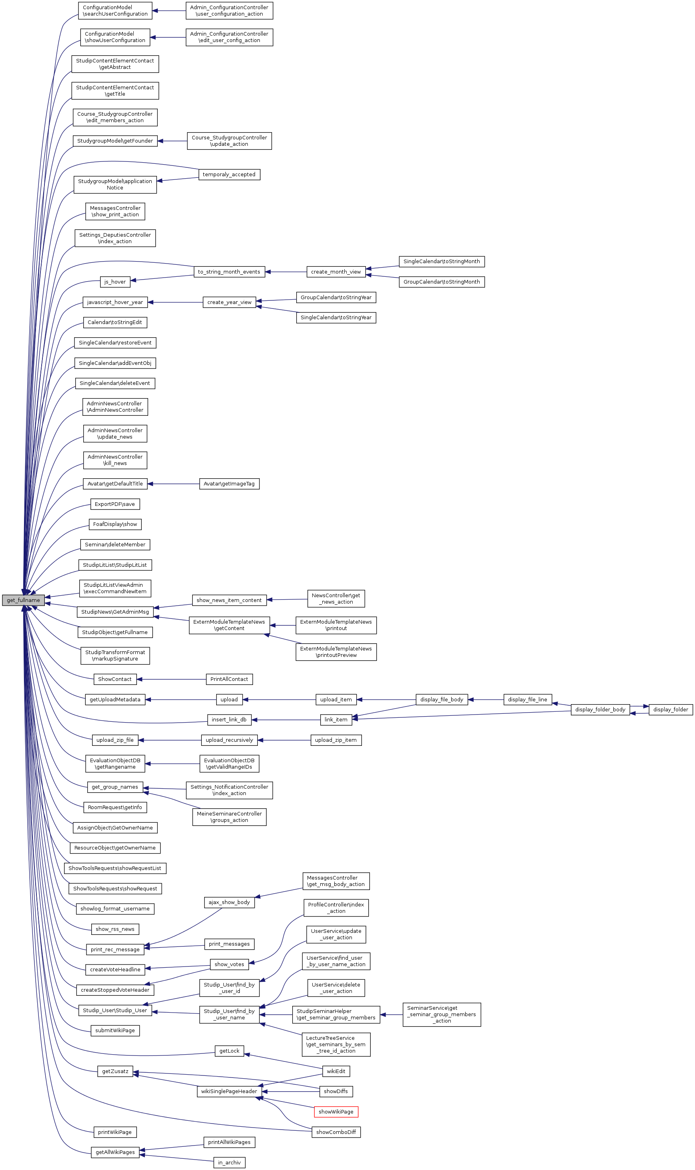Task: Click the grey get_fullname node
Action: point(23,600)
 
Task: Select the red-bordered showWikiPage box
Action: point(336,1112)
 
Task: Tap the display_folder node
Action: point(670,709)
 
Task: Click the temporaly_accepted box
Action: point(229,174)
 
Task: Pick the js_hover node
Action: point(115,282)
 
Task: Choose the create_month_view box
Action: point(336,272)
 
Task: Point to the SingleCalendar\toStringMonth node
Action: point(441,262)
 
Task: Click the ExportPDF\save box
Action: point(115,504)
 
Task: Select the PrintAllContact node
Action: point(229,679)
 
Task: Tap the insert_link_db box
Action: point(229,720)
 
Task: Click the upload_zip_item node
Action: point(336,740)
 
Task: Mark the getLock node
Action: point(229,1051)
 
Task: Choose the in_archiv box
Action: point(229,1162)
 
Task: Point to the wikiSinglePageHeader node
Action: point(229,1091)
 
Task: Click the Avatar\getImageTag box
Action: point(229,483)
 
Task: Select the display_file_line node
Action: point(527,700)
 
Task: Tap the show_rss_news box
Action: point(115,929)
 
